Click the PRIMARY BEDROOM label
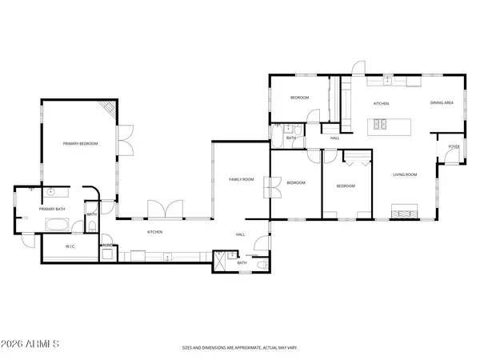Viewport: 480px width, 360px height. click(81, 143)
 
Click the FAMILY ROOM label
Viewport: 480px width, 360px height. click(241, 179)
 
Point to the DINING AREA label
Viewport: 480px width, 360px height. click(442, 103)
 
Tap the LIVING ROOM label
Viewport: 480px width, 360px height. click(405, 174)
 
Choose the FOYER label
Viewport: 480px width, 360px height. click(454, 146)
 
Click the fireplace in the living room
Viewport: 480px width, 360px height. click(402, 212)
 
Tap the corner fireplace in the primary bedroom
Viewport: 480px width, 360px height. click(107, 109)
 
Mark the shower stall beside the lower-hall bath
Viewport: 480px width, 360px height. click(220, 262)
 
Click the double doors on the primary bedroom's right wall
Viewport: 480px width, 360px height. click(124, 141)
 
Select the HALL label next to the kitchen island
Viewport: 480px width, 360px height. click(334, 138)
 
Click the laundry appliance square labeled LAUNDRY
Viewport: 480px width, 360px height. click(106, 254)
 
